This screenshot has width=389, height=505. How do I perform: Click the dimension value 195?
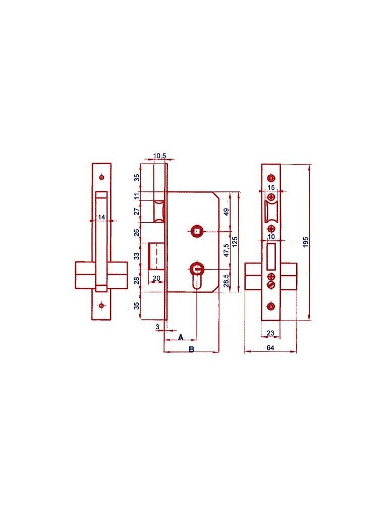[x=306, y=242]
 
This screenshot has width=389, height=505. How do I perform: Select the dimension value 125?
[x=235, y=242]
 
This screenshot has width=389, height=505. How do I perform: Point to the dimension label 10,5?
[x=159, y=156]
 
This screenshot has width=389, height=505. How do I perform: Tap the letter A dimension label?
[x=181, y=337]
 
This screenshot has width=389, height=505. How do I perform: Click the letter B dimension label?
[x=191, y=349]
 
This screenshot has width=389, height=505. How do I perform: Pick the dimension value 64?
[x=270, y=348]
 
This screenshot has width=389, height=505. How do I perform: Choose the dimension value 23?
[x=270, y=333]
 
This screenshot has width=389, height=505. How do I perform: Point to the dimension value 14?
[x=102, y=217]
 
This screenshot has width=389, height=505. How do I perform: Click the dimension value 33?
[x=137, y=257]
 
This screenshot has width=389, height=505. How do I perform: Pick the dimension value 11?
[x=137, y=195]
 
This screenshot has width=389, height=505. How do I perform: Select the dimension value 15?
[x=271, y=187]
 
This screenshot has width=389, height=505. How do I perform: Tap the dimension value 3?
[x=157, y=327]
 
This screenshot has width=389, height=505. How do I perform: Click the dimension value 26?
[x=137, y=232]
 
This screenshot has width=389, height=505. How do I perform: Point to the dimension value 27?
[x=137, y=212]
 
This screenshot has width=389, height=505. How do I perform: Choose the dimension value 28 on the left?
[x=137, y=281]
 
